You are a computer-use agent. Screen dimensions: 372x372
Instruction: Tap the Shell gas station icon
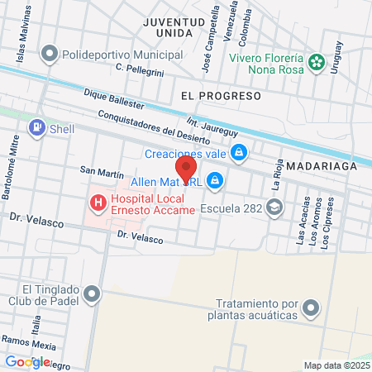36,128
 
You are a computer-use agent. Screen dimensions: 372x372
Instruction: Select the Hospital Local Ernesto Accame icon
98,202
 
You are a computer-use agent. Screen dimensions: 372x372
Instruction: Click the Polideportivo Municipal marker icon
49,55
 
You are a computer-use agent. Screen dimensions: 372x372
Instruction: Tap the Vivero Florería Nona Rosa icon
316,62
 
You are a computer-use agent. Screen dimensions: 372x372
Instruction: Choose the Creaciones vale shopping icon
238,152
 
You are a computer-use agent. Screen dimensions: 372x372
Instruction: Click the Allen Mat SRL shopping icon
215,179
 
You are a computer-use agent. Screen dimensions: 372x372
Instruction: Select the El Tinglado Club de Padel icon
93,293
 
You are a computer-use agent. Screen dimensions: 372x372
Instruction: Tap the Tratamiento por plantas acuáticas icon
311,309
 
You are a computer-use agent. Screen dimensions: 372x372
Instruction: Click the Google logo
27,361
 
